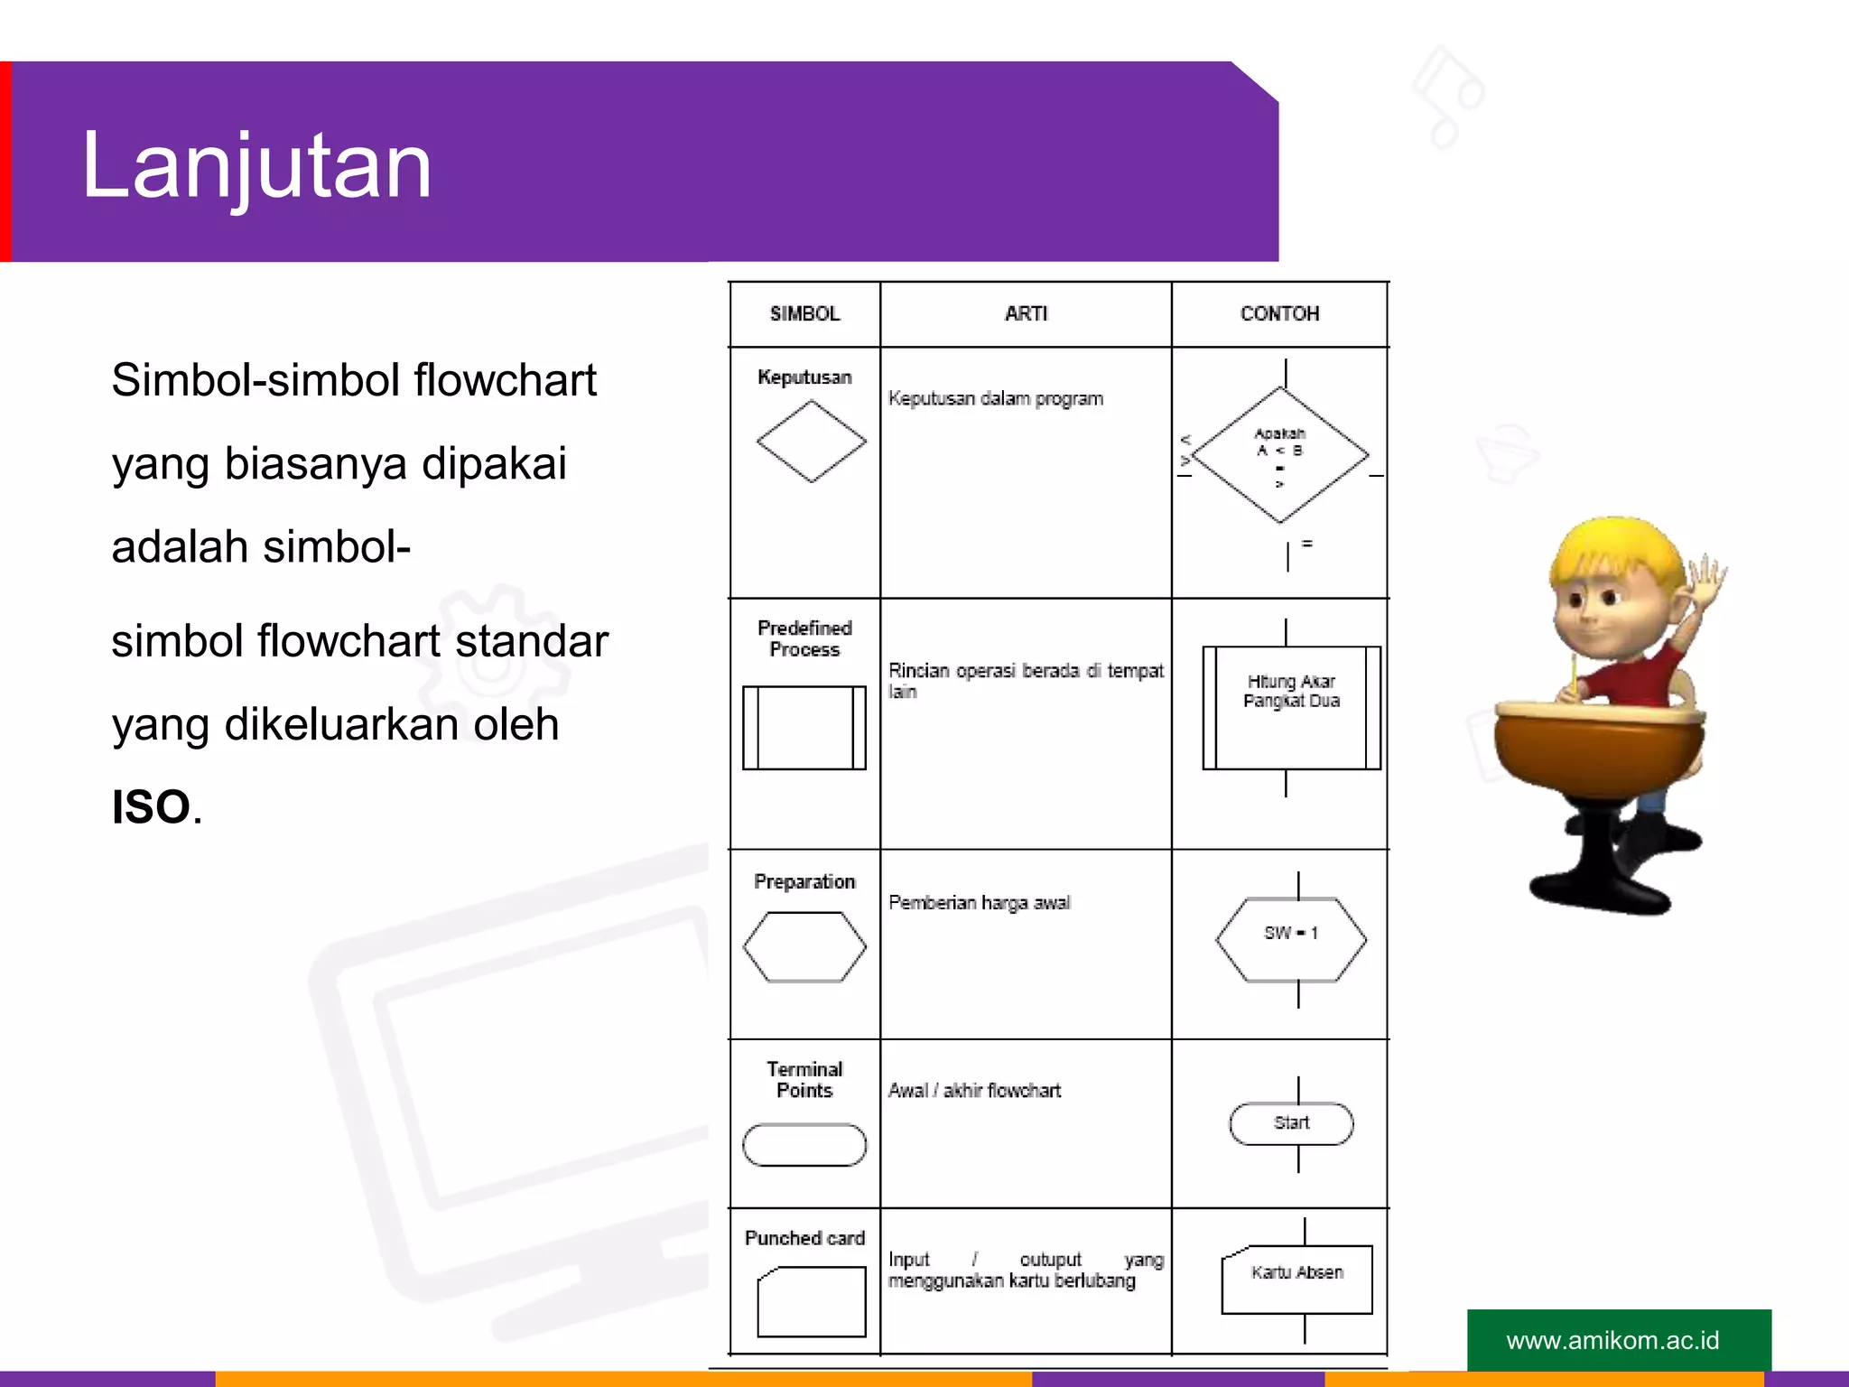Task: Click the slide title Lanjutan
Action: [x=256, y=166]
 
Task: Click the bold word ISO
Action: [x=151, y=806]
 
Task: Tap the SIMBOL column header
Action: [x=804, y=313]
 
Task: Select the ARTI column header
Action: [x=1026, y=313]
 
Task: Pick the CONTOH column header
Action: [x=1279, y=313]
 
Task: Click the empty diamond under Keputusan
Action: [x=811, y=442]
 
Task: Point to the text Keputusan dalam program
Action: [x=995, y=398]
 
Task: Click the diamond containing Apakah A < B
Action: [x=1280, y=455]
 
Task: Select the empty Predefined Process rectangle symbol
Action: [x=804, y=728]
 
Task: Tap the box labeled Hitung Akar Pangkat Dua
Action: [x=1291, y=708]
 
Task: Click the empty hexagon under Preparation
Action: [x=804, y=946]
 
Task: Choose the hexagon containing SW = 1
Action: [x=1291, y=939]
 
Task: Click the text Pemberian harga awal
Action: [x=979, y=903]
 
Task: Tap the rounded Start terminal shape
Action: [x=1291, y=1123]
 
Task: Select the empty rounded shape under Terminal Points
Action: [x=804, y=1144]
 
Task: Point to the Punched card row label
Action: [x=804, y=1238]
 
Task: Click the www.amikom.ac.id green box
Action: [x=1619, y=1340]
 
